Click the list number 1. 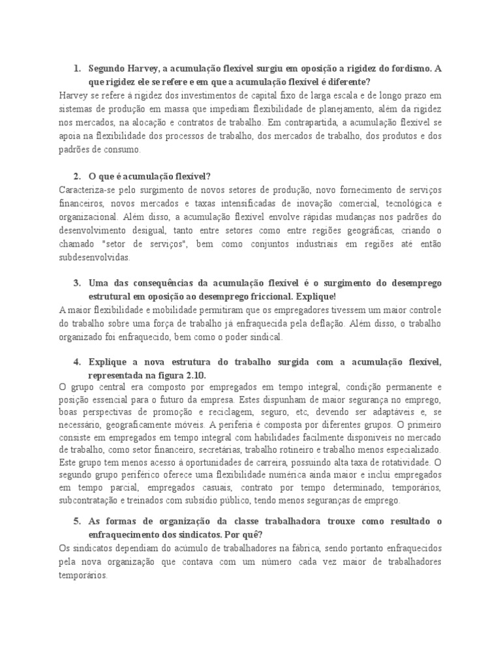pyautogui.click(x=76, y=68)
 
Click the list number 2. pyautogui.click(x=76, y=176)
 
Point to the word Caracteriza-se pyautogui.click(x=84, y=189)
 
